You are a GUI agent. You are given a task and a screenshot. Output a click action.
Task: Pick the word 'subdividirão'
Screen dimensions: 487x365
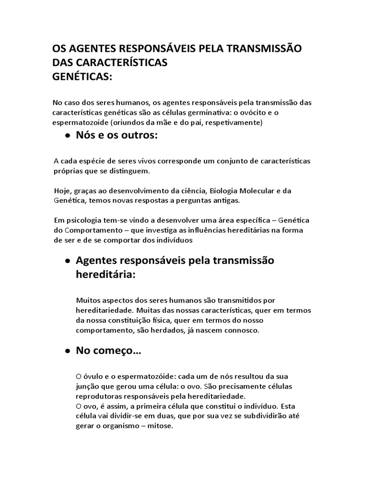click(266, 416)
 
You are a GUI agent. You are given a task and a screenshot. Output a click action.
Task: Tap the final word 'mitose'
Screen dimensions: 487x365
click(162, 426)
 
